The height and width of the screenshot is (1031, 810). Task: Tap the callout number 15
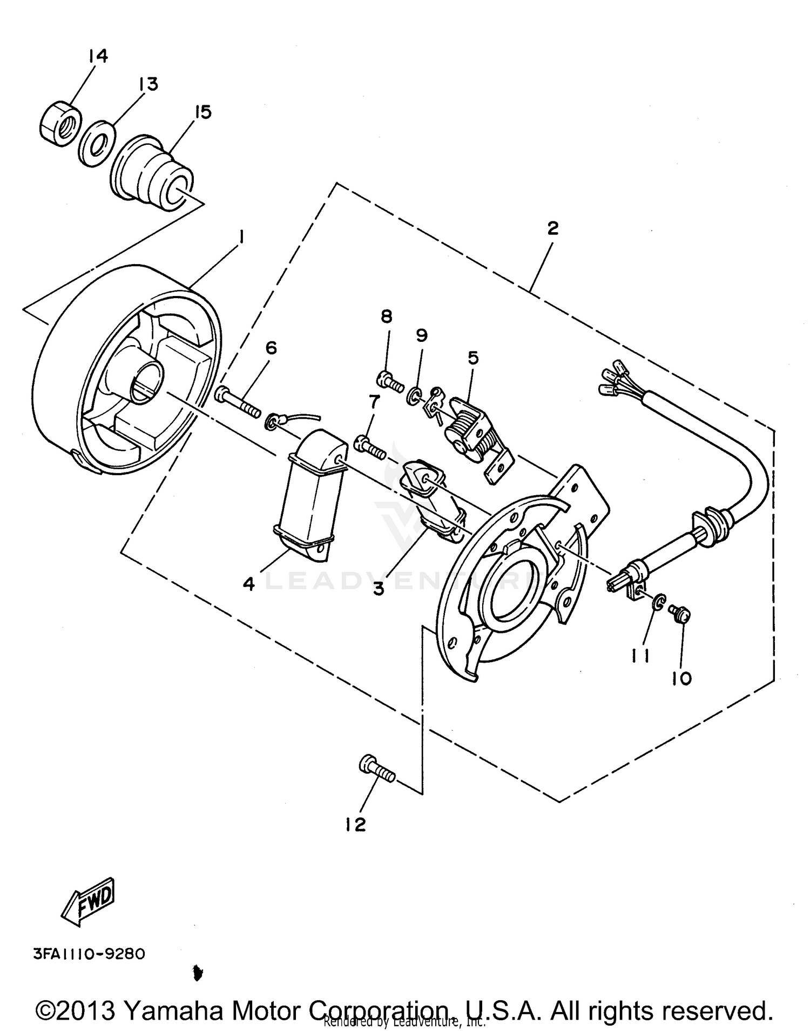pos(203,112)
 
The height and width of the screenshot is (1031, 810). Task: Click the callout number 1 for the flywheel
pos(241,237)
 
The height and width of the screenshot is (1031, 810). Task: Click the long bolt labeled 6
pos(238,401)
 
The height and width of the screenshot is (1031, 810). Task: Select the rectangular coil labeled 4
pos(309,494)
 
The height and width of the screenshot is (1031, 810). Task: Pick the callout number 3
pos(379,588)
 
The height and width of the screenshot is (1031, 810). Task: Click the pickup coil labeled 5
pos(472,429)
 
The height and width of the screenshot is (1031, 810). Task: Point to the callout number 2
pos(552,228)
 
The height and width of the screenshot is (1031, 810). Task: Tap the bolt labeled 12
pos(376,770)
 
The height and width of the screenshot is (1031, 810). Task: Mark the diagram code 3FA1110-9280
pos(89,954)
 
